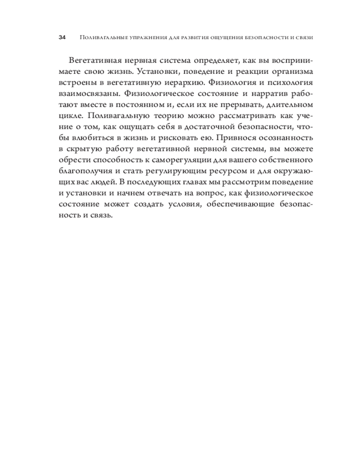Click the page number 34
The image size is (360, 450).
(63, 38)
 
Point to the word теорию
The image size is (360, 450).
(153, 119)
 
